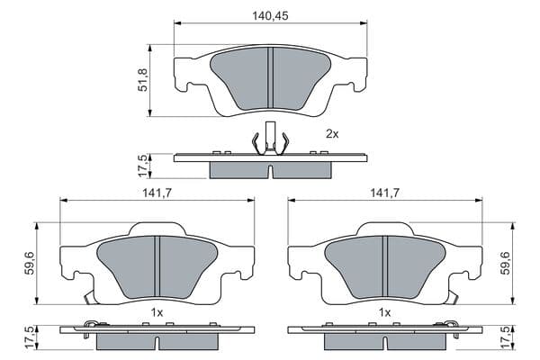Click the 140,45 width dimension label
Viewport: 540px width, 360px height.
270,16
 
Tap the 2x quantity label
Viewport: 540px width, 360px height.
332,134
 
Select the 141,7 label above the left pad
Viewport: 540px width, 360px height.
157,193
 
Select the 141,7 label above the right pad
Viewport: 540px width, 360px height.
384,193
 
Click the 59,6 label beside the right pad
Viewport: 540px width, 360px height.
505,263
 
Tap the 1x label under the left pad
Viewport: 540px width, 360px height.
157,313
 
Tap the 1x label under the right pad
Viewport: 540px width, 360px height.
384,313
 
